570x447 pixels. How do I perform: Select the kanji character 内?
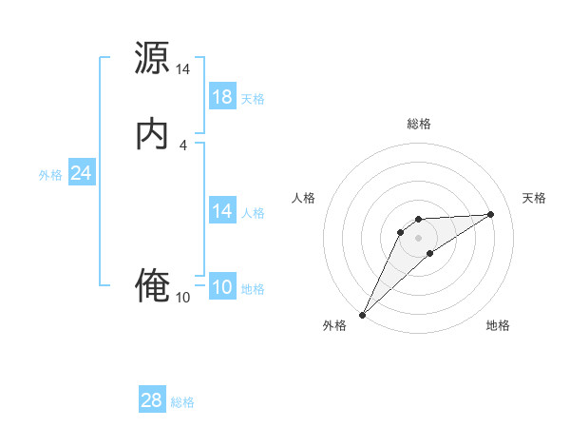click(x=152, y=134)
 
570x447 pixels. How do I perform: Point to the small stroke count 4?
click(x=182, y=145)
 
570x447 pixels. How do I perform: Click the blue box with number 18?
click(x=222, y=97)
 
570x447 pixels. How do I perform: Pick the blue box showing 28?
click(x=152, y=400)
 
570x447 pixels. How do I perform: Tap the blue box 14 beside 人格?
click(x=222, y=211)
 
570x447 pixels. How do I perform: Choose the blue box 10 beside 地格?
click(x=222, y=288)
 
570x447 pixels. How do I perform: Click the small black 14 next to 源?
click(x=182, y=69)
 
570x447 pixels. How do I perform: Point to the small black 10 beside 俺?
click(x=182, y=298)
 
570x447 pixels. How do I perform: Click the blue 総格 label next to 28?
click(x=182, y=402)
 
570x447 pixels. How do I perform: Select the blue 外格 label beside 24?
click(x=49, y=175)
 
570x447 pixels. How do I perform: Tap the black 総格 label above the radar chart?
click(x=418, y=124)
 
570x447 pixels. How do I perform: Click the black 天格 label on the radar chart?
click(x=534, y=198)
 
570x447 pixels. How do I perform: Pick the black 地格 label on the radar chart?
click(x=498, y=325)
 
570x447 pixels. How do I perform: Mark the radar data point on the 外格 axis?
click(x=362, y=315)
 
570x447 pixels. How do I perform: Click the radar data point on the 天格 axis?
click(x=491, y=214)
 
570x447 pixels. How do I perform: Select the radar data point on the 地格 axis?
click(x=430, y=253)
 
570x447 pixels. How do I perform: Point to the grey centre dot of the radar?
click(x=418, y=237)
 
